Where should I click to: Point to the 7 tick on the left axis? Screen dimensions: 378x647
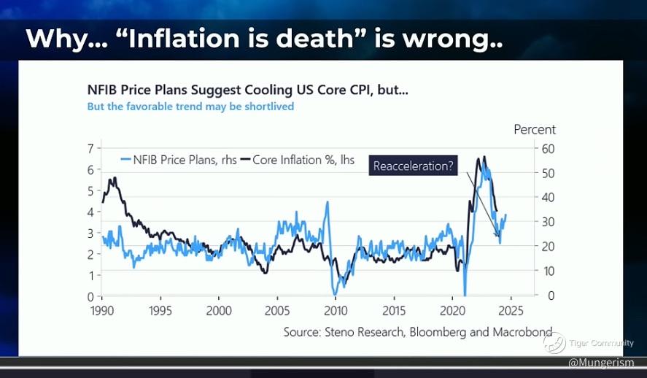coord(90,148)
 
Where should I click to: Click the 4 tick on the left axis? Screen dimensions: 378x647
coord(90,212)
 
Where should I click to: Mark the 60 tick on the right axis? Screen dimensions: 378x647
coord(547,149)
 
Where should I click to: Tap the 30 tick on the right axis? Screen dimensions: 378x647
coord(547,222)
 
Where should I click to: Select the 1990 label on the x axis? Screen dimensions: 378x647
coord(101,309)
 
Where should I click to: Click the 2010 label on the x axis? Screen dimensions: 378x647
coord(335,309)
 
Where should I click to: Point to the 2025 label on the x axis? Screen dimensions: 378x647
coord(510,309)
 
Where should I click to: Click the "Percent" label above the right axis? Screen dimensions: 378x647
coord(535,129)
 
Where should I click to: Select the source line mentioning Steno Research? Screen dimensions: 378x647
coord(418,331)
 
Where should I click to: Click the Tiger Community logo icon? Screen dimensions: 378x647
coord(555,342)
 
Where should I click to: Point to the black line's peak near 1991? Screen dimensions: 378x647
coord(112,179)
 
